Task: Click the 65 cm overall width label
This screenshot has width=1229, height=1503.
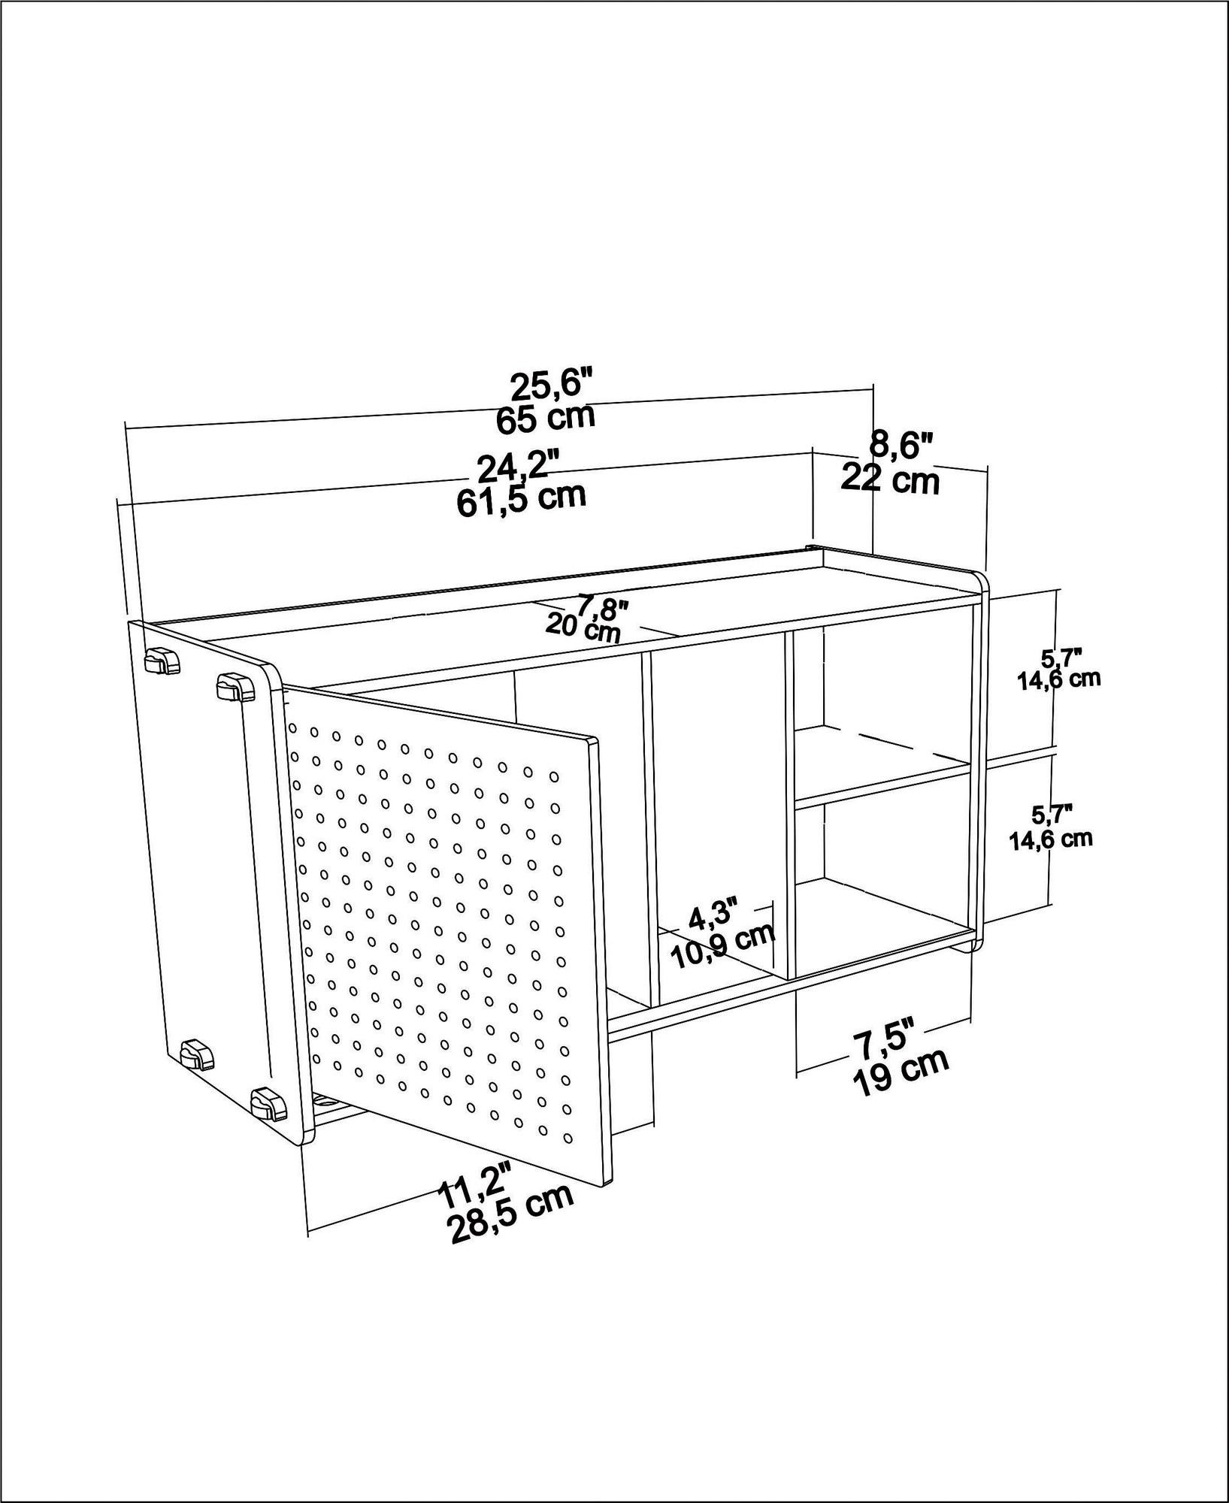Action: point(546,418)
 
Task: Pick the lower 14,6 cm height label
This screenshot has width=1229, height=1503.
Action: point(1050,839)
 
